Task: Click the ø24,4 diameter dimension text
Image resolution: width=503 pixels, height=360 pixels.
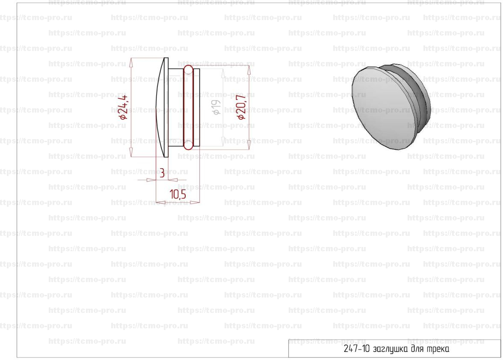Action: tap(124, 107)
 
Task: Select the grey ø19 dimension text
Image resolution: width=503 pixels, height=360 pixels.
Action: tap(217, 107)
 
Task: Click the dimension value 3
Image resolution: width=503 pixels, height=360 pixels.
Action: tap(162, 173)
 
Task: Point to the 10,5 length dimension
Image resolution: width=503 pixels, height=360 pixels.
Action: tap(178, 194)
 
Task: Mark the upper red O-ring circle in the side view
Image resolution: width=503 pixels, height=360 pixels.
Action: tap(188, 70)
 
